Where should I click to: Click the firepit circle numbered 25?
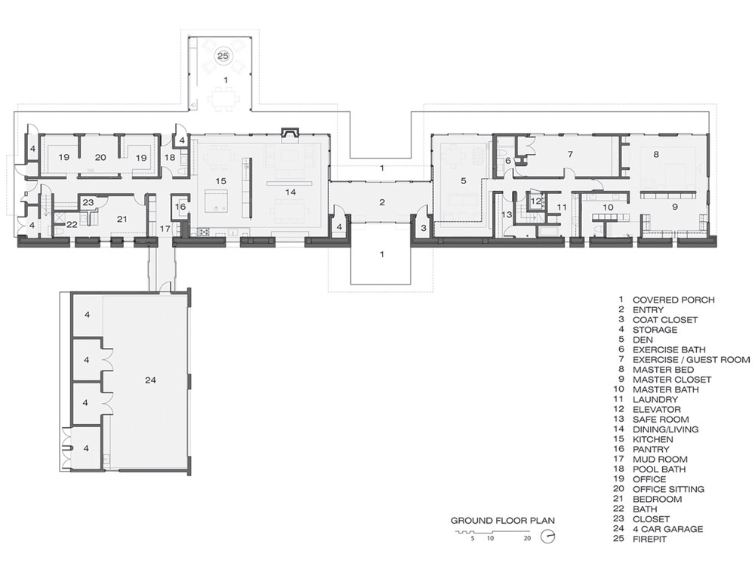(x=223, y=56)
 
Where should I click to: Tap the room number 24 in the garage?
(x=150, y=380)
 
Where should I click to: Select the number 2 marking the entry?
(x=382, y=202)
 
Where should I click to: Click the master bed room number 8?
(x=656, y=155)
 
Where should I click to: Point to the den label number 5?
(x=464, y=181)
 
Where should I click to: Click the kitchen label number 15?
(x=220, y=181)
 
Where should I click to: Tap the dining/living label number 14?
(x=291, y=192)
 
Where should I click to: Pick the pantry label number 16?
(x=180, y=207)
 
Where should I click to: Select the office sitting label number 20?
(x=100, y=157)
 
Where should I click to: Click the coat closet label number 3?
(x=424, y=228)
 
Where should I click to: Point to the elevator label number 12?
(x=536, y=201)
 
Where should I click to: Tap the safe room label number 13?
(x=507, y=214)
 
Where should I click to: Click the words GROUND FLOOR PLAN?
(x=503, y=520)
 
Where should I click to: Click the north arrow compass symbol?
(x=548, y=536)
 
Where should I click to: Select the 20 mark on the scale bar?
(x=527, y=538)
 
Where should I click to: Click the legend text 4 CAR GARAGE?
(x=668, y=529)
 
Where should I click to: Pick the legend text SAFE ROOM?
(x=661, y=419)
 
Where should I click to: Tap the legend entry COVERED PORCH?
(x=673, y=300)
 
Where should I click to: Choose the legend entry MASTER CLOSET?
(x=672, y=380)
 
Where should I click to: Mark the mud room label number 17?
(x=165, y=229)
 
